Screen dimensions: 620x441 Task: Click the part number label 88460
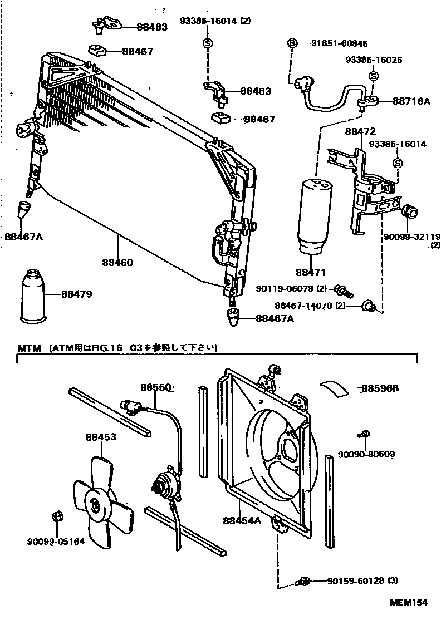point(117,262)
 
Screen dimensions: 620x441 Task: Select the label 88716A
point(411,101)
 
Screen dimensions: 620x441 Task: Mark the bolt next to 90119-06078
point(342,290)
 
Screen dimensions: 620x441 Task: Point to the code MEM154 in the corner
point(409,602)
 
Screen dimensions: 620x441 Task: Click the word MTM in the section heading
point(29,348)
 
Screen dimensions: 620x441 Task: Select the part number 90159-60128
point(356,581)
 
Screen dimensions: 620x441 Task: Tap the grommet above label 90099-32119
point(409,212)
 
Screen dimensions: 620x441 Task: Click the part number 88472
point(360,131)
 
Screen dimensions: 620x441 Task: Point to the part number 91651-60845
point(331,43)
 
